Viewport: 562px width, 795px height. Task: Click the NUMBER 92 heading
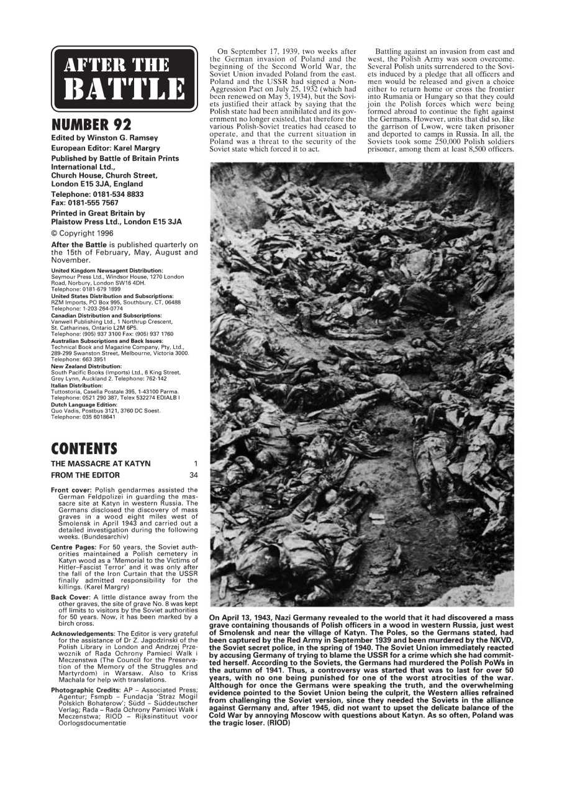(x=87, y=124)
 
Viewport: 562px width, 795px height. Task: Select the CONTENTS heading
(x=84, y=448)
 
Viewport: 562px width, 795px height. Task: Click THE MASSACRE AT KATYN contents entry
(x=101, y=464)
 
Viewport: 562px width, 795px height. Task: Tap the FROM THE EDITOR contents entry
(x=84, y=475)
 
